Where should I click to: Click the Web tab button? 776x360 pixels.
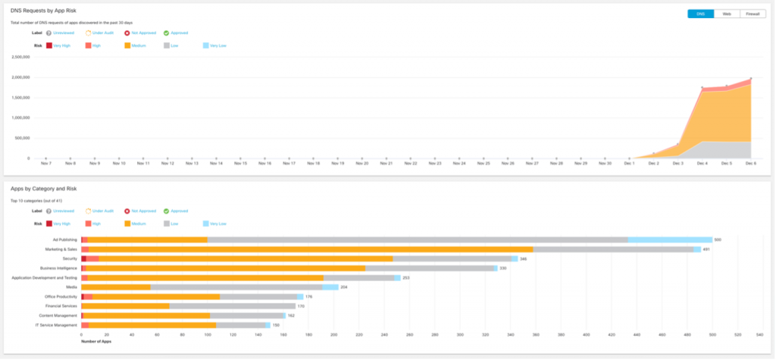726,14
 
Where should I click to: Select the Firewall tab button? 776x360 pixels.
752,14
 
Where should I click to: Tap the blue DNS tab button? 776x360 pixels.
700,14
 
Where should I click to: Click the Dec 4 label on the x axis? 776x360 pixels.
702,163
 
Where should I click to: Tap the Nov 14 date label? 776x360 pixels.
216,163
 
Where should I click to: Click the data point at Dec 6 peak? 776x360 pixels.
751,78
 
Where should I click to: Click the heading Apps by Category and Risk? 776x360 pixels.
44,188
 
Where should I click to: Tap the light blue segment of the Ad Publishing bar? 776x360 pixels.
670,239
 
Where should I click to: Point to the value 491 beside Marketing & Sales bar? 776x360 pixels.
706,249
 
